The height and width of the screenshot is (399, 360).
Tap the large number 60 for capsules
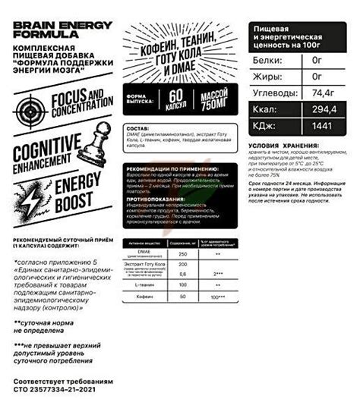176,99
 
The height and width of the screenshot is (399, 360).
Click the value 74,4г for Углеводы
326,90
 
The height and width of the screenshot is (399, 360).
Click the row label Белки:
269,57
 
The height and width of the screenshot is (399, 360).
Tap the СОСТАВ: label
139,128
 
